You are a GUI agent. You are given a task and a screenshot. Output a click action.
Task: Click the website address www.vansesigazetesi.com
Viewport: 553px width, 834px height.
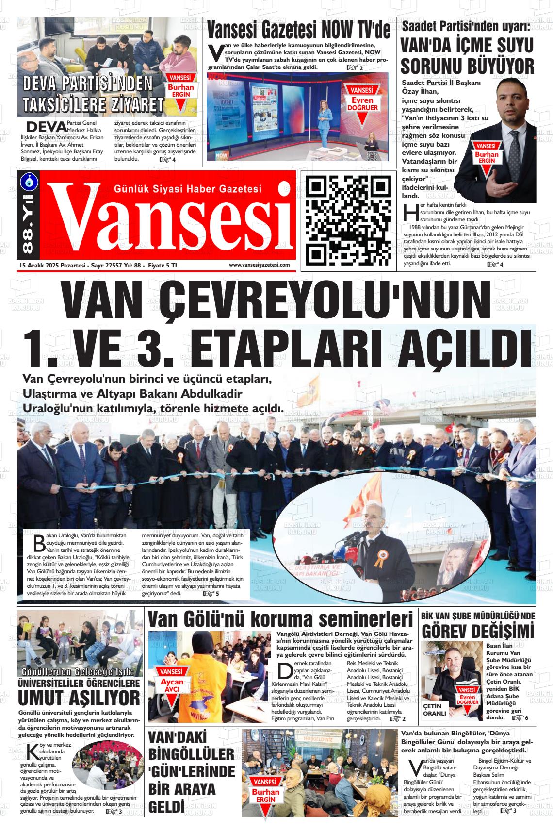coord(259,265)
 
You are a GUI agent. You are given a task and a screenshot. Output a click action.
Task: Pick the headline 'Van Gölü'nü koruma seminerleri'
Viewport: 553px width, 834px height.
coord(280,620)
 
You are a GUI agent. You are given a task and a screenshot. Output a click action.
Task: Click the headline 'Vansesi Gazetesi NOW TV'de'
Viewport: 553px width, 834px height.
coord(299,30)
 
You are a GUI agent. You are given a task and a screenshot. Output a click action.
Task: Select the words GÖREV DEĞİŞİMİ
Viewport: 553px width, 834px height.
coord(478,632)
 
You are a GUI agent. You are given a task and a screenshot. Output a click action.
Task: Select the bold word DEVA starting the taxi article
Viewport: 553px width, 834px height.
coord(46,127)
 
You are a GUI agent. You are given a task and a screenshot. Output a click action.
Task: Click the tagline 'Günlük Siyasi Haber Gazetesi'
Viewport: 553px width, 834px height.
coord(187,189)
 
